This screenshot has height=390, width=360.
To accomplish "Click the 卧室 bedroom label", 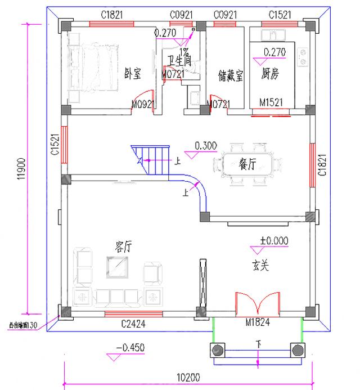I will [132, 74].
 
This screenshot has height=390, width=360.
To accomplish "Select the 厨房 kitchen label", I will [271, 74].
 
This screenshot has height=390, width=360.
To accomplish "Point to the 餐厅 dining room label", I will [248, 164].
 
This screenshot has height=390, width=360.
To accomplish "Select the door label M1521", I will [271, 103].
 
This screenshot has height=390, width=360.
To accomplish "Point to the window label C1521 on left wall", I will [55, 145].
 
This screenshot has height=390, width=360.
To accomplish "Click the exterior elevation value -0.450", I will [130, 348].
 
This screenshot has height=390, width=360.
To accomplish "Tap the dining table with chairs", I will [247, 164].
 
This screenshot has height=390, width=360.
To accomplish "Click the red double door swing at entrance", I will [258, 304].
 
